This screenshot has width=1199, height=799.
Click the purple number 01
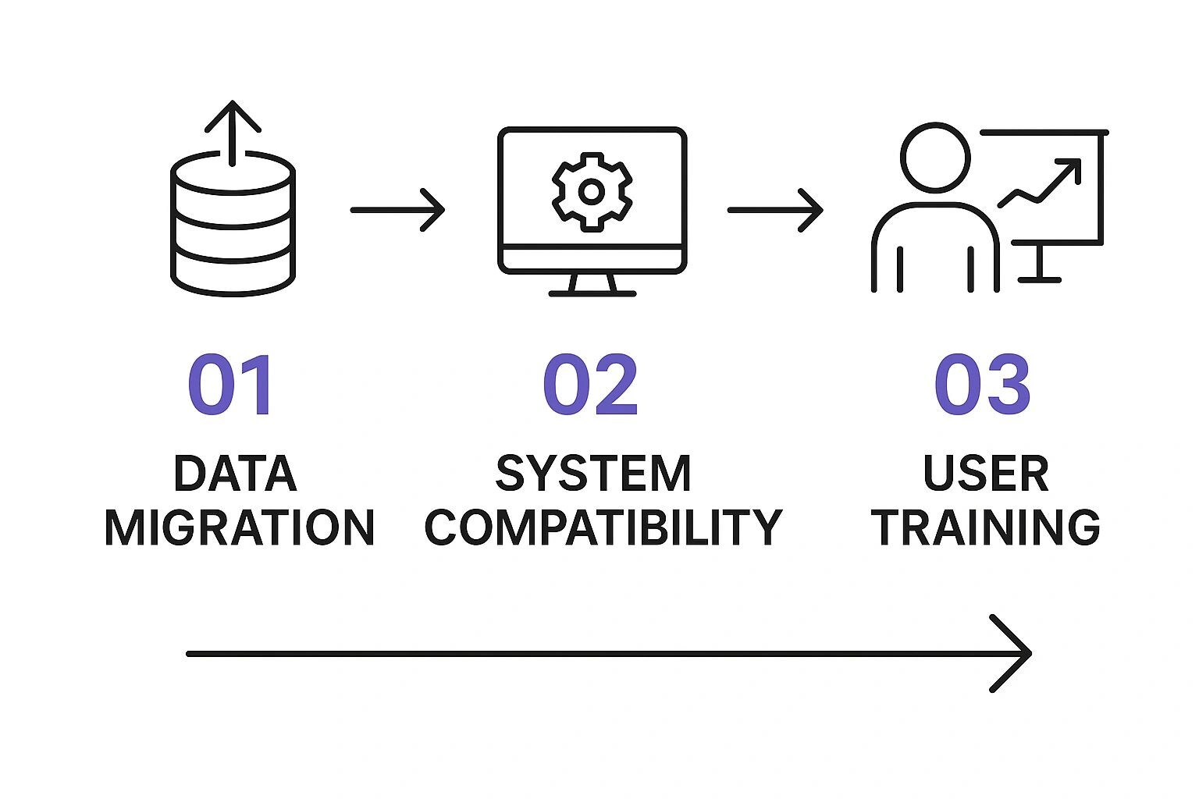230,385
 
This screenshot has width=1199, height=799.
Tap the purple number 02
590,385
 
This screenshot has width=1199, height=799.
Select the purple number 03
982,385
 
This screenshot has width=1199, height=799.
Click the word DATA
235,474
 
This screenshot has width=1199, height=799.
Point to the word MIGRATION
240,527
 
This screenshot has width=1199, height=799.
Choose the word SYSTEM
594,474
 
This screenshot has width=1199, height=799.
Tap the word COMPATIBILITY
603,527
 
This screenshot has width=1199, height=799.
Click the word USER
986,474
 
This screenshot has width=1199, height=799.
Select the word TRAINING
986,527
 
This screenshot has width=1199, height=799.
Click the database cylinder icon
233,226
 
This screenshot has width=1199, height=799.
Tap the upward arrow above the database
233,129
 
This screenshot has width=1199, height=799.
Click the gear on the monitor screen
592,191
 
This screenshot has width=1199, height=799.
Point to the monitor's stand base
592,293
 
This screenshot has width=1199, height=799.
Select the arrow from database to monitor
397,210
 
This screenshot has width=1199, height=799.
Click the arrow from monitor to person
775,210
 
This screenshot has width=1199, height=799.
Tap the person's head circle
935,157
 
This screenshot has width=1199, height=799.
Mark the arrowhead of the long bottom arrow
1015,654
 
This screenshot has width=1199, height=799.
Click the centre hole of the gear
592,191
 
